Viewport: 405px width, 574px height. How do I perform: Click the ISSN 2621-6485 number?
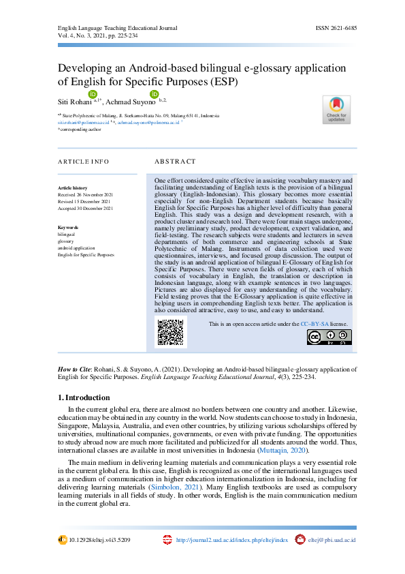[x=336, y=28]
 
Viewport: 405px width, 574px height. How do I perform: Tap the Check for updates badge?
[x=336, y=109]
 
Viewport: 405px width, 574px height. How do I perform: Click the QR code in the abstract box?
[x=172, y=333]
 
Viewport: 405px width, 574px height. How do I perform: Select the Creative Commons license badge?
[x=329, y=337]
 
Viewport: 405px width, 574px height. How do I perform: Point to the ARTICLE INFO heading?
[x=83, y=162]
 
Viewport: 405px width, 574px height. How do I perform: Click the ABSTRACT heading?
[x=175, y=162]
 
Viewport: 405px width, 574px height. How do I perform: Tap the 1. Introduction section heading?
[x=84, y=397]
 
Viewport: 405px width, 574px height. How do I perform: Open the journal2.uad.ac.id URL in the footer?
[x=232, y=540]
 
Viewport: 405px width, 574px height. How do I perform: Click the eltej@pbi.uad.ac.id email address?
[x=332, y=540]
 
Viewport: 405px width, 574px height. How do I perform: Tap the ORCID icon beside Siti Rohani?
[x=93, y=94]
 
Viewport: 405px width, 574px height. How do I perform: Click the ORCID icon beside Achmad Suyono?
[x=154, y=94]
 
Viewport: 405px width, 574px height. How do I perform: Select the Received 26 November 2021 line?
[x=85, y=195]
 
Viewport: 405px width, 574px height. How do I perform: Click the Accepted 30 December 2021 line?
[x=85, y=209]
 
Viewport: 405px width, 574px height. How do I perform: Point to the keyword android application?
[x=76, y=249]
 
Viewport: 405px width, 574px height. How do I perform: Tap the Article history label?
[x=72, y=187]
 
